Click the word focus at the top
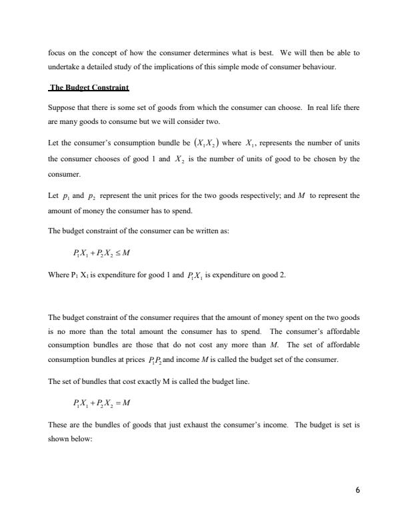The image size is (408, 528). (57, 53)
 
